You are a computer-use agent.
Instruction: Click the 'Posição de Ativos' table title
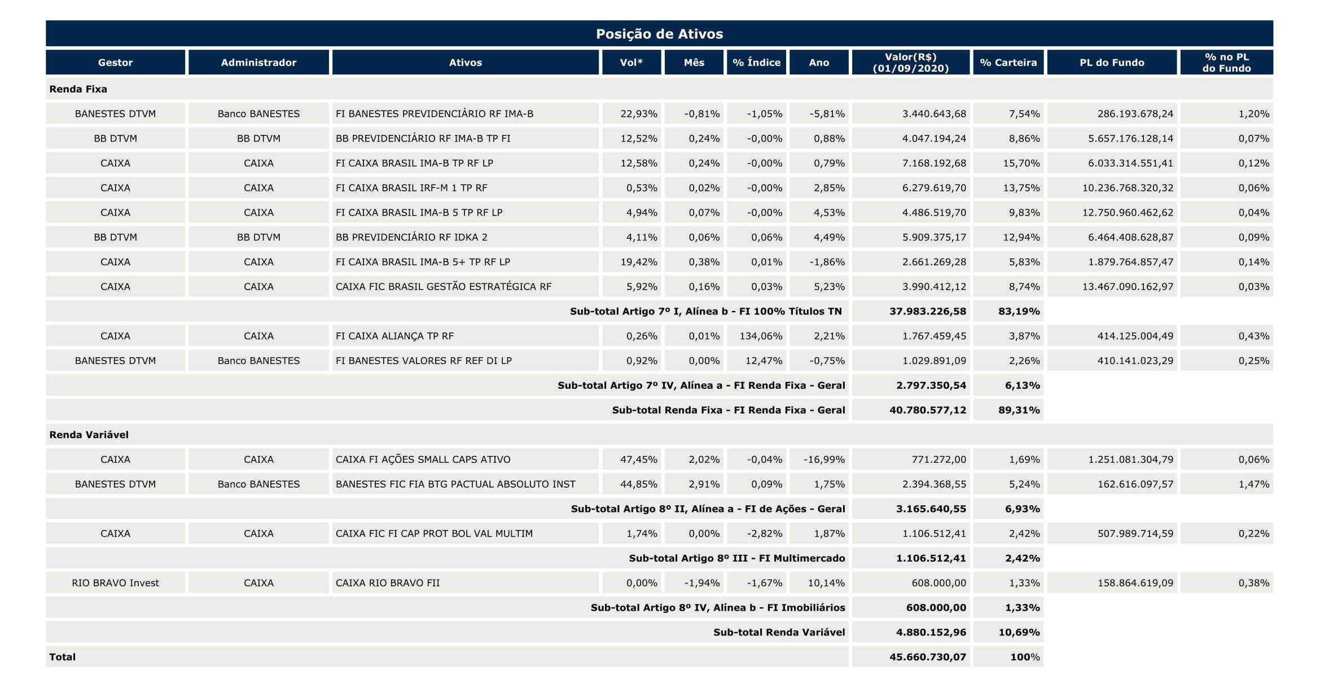click(x=659, y=34)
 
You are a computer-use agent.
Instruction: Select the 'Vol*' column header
click(x=631, y=63)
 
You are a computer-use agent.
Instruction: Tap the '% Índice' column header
click(x=756, y=63)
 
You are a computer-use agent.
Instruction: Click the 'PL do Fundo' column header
click(x=1112, y=63)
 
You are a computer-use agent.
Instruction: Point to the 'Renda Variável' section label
click(x=89, y=435)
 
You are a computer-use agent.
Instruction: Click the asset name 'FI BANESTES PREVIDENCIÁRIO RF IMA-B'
click(x=435, y=113)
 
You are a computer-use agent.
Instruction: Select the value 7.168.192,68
click(x=934, y=163)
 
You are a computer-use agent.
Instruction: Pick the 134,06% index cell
click(x=761, y=336)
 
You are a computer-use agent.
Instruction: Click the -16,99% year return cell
click(x=824, y=459)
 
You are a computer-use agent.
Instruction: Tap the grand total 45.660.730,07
click(x=928, y=657)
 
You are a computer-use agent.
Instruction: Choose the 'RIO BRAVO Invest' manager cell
click(x=115, y=583)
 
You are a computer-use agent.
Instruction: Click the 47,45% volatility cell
click(x=639, y=459)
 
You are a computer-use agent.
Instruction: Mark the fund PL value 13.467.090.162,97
click(x=1128, y=287)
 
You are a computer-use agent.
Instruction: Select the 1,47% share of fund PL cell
click(x=1254, y=484)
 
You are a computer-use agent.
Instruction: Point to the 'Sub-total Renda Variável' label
click(x=779, y=632)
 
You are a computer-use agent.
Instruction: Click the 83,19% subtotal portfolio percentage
click(x=1019, y=311)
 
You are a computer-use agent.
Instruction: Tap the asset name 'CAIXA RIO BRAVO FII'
click(x=388, y=583)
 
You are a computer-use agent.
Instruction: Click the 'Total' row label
click(x=62, y=657)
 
